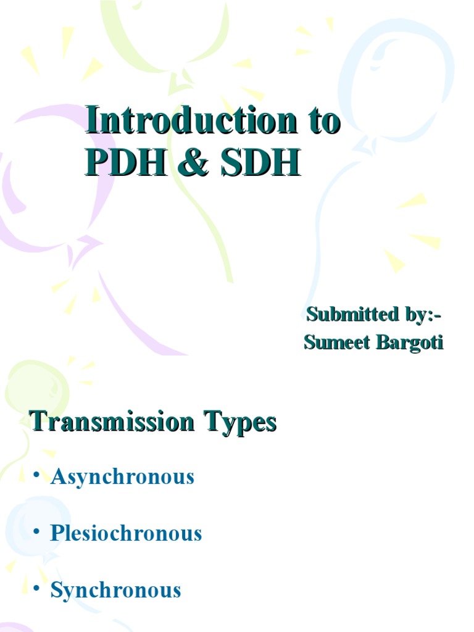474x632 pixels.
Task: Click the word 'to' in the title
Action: [x=321, y=121]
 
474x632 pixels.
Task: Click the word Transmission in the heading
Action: [x=114, y=423]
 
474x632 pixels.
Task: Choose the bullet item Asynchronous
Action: [x=122, y=476]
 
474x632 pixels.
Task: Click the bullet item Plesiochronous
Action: [x=126, y=533]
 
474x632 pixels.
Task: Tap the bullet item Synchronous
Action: [x=115, y=590]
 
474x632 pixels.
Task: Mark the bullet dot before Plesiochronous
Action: [x=37, y=531]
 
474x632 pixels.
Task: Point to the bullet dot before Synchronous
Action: [x=37, y=588]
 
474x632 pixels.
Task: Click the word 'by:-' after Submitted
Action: [x=423, y=315]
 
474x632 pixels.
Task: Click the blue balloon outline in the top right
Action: [x=395, y=80]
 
